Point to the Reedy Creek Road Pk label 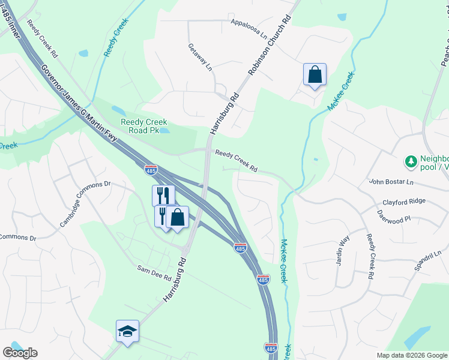pyautogui.click(x=144, y=126)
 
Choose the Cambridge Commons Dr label pyautogui.click(x=85, y=203)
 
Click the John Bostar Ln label pyautogui.click(x=392, y=182)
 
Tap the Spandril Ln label pyautogui.click(x=427, y=261)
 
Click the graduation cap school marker pyautogui.click(x=127, y=331)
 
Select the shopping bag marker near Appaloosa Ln pyautogui.click(x=315, y=75)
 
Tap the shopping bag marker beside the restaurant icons pyautogui.click(x=177, y=218)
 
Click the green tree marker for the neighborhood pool pyautogui.click(x=411, y=161)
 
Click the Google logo pyautogui.click(x=20, y=353)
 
